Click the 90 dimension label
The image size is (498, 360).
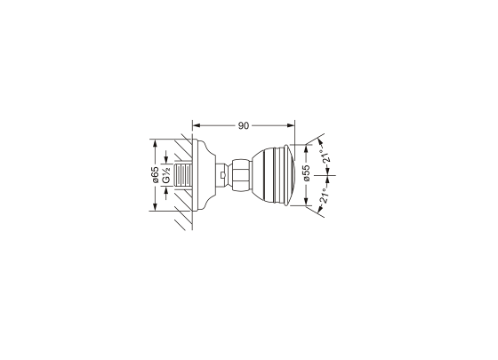coord(244,125)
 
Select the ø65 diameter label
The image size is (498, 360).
coord(155,175)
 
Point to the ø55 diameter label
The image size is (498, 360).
coord(306,173)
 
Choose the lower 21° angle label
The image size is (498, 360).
coord(324,196)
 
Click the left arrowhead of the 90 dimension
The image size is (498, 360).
coord(197,125)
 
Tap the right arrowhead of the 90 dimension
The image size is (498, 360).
coord(291,125)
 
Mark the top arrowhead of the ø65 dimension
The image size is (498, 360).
coord(155,143)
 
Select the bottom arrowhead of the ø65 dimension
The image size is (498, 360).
coord(155,206)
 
